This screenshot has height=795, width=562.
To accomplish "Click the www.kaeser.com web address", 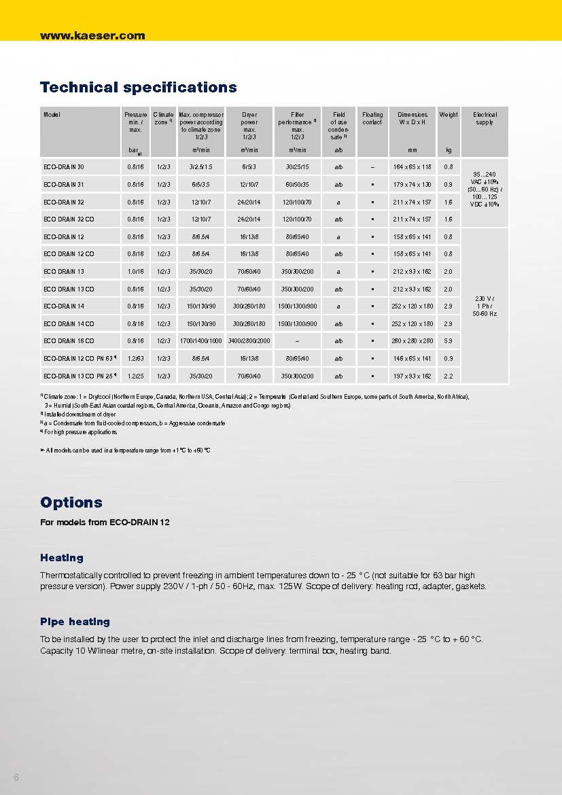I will (92, 36).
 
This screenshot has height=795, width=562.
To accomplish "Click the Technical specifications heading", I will (139, 88).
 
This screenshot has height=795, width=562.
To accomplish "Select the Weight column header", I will (449, 115).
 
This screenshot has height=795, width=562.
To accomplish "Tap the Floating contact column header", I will (372, 118).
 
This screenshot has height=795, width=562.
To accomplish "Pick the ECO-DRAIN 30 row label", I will (64, 166).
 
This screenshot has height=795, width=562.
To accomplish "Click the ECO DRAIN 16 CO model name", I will (69, 341).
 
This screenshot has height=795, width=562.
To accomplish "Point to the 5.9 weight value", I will (449, 341).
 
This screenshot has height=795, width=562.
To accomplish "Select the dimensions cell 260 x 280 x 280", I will (412, 341).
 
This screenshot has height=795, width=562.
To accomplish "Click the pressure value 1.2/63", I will (135, 359).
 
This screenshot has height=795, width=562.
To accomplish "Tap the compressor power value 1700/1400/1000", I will (201, 341).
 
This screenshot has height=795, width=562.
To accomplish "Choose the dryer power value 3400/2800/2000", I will (249, 341).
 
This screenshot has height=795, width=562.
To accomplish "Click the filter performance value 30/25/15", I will (297, 166).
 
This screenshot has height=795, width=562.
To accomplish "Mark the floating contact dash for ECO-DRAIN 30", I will (372, 166).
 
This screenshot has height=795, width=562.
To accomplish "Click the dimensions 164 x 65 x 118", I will (412, 166).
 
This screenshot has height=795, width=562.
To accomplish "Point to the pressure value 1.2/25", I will (135, 376).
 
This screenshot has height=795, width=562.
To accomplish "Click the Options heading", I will (71, 503).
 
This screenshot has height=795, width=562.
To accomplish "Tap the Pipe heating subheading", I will (75, 622).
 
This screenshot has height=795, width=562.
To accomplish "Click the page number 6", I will (16, 777).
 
